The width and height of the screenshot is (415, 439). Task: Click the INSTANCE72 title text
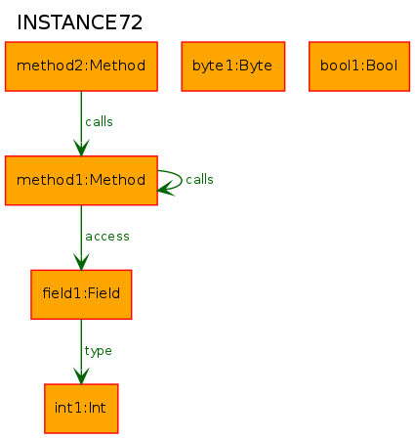[79, 22]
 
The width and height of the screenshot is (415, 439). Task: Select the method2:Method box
[81, 66]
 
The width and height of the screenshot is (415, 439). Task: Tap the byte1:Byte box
[233, 66]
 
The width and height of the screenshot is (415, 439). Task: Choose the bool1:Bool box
[359, 66]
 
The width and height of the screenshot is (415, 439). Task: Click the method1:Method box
[81, 181]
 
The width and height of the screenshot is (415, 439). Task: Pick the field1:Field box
[81, 294]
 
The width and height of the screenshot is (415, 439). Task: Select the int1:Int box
[81, 409]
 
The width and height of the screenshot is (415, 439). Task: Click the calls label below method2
[99, 122]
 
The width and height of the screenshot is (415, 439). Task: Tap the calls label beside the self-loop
[199, 180]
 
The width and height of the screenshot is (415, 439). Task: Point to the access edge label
[107, 237]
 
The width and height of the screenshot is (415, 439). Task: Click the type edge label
[99, 351]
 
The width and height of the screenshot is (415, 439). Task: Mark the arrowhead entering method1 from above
[81, 148]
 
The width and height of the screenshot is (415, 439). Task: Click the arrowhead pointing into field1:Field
[81, 262]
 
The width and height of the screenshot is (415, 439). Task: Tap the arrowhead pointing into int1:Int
[81, 375]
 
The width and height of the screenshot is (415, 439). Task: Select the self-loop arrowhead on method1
[166, 189]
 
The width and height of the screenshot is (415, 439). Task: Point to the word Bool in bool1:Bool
[382, 66]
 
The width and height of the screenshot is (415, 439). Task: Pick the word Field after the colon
[104, 293]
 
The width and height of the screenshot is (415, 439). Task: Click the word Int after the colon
[97, 408]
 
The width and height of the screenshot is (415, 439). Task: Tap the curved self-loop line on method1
[182, 179]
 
